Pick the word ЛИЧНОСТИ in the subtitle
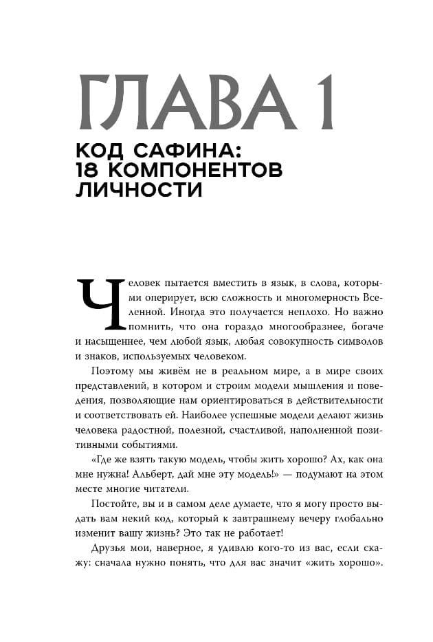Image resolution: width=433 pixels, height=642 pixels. coord(138,191)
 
